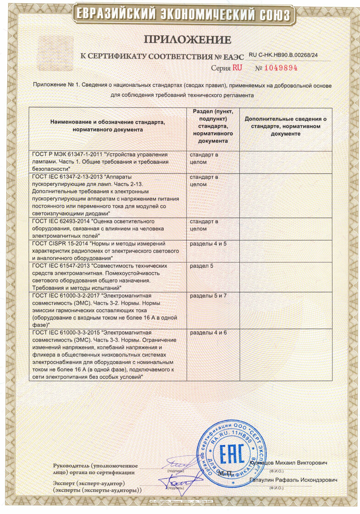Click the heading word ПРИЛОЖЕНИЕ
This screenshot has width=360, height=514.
(x=180, y=39)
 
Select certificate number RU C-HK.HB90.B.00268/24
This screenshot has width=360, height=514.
(x=283, y=55)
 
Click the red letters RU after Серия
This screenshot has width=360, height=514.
(x=237, y=67)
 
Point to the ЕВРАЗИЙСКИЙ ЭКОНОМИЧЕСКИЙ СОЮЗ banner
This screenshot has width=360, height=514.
(x=180, y=15)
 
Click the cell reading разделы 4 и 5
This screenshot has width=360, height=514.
(x=208, y=243)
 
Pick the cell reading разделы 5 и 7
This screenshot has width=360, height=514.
(x=208, y=295)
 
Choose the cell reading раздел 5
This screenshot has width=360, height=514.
(x=201, y=266)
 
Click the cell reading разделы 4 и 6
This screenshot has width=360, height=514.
(x=208, y=332)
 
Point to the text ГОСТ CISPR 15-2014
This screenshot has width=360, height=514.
(x=59, y=243)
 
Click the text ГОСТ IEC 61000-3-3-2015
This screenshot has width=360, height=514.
(x=66, y=332)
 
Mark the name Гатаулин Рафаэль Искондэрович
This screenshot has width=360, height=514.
(x=294, y=480)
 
